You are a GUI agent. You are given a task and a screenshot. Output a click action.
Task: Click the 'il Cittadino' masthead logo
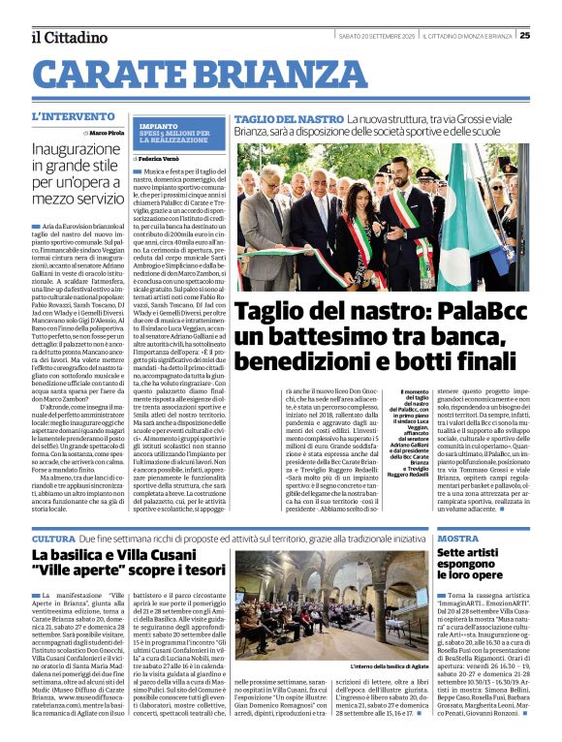[x=69, y=37]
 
